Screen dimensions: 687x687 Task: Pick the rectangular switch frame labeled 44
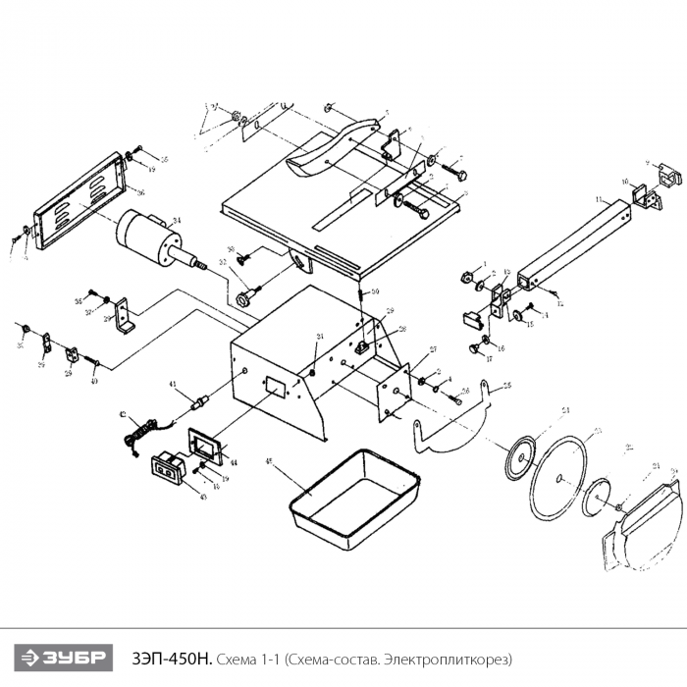pyautogui.click(x=207, y=447)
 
